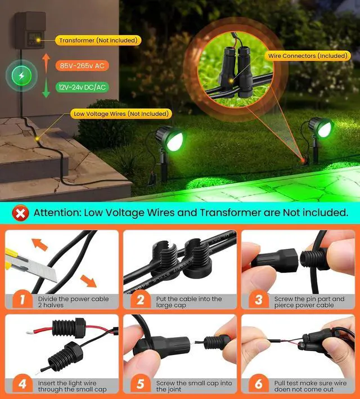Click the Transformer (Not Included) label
pos(98,41)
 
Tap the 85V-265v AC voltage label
pos(82,66)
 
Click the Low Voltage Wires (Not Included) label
pos(120,114)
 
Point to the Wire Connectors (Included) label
pos(308,56)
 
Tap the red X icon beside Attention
pos(21,213)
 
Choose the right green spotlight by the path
pos(319,129)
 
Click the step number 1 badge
pos(22,299)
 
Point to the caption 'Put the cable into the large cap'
pos(189,302)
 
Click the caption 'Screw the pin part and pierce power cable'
pos(309,302)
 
